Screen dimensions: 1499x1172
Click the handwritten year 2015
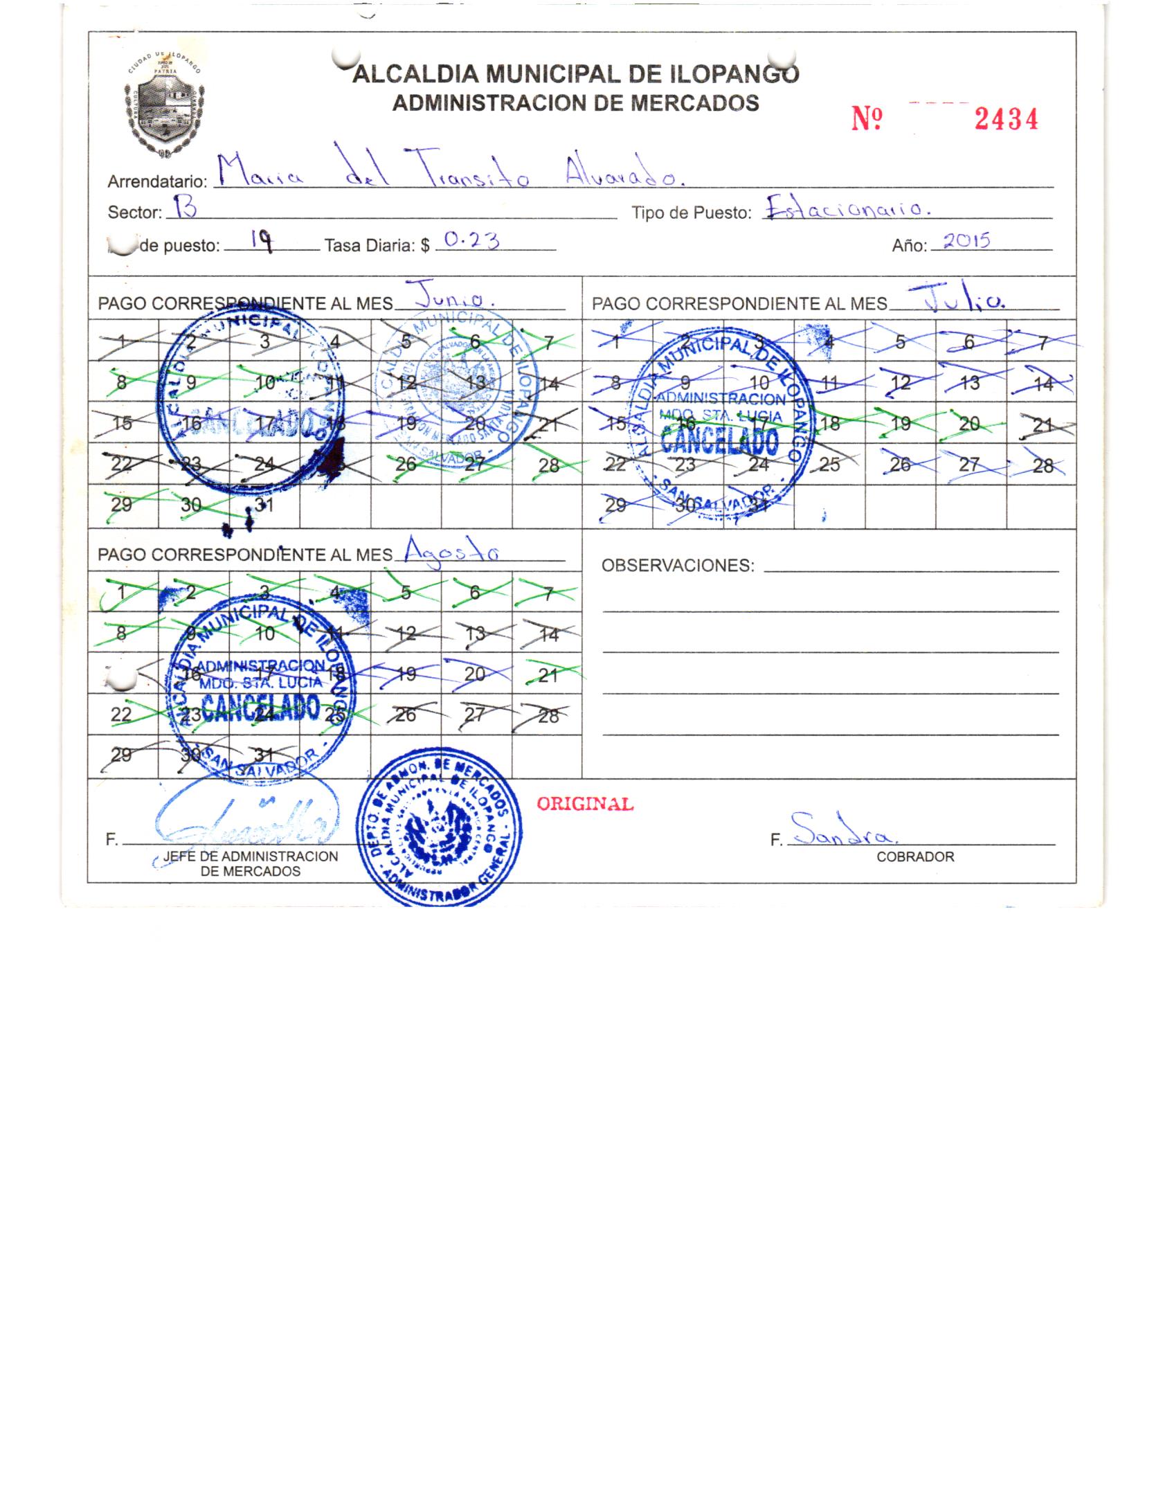[x=968, y=240]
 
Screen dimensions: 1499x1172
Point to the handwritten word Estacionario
[x=845, y=208]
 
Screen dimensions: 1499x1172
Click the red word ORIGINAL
[x=585, y=804]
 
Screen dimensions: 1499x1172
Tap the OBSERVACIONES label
[x=677, y=566]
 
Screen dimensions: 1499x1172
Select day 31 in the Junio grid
[x=264, y=505]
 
